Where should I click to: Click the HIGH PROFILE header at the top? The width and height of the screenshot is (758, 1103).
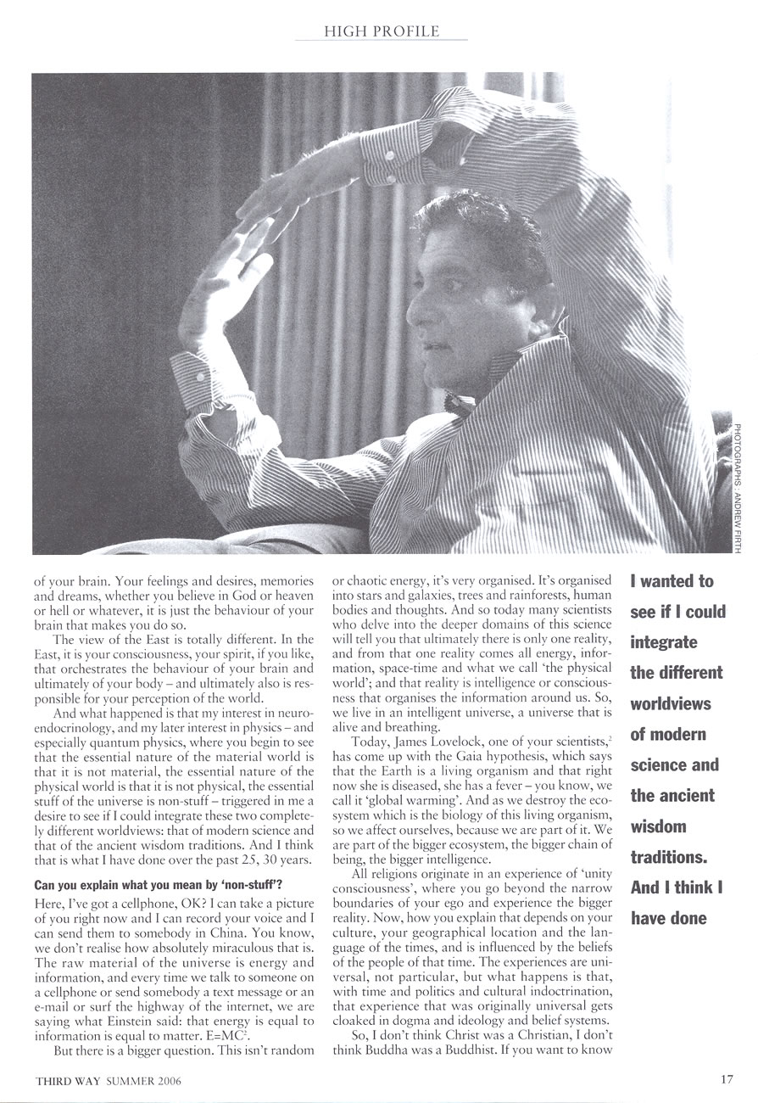(x=382, y=31)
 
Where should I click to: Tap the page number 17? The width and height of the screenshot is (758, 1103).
(x=727, y=1079)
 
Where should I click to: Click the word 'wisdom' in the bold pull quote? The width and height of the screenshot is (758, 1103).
(x=658, y=826)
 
